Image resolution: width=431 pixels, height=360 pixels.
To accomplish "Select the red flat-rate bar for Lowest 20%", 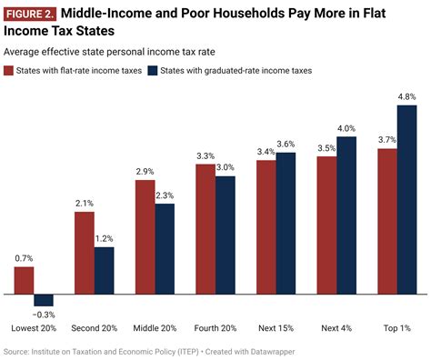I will (24, 280).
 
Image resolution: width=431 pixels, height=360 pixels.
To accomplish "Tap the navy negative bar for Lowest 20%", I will (44, 300).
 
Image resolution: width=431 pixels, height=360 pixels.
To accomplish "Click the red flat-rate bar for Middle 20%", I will (145, 236).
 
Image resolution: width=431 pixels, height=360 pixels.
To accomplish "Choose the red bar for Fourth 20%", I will (205, 228).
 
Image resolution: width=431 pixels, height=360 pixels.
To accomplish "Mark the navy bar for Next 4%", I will (347, 215).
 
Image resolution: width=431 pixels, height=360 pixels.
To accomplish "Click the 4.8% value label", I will (408, 96).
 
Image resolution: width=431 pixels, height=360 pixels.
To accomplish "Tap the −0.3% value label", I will (44, 315).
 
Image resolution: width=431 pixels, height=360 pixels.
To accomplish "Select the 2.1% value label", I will (85, 204).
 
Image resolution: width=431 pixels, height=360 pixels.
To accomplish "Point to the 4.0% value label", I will (347, 128).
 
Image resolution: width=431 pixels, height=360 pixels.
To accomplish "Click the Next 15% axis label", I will (276, 327).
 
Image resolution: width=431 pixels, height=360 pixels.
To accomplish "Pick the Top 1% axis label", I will (398, 327).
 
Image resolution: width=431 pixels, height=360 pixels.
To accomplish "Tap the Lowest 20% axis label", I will (34, 327).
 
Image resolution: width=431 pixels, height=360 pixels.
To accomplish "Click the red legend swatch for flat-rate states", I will (9, 70).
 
